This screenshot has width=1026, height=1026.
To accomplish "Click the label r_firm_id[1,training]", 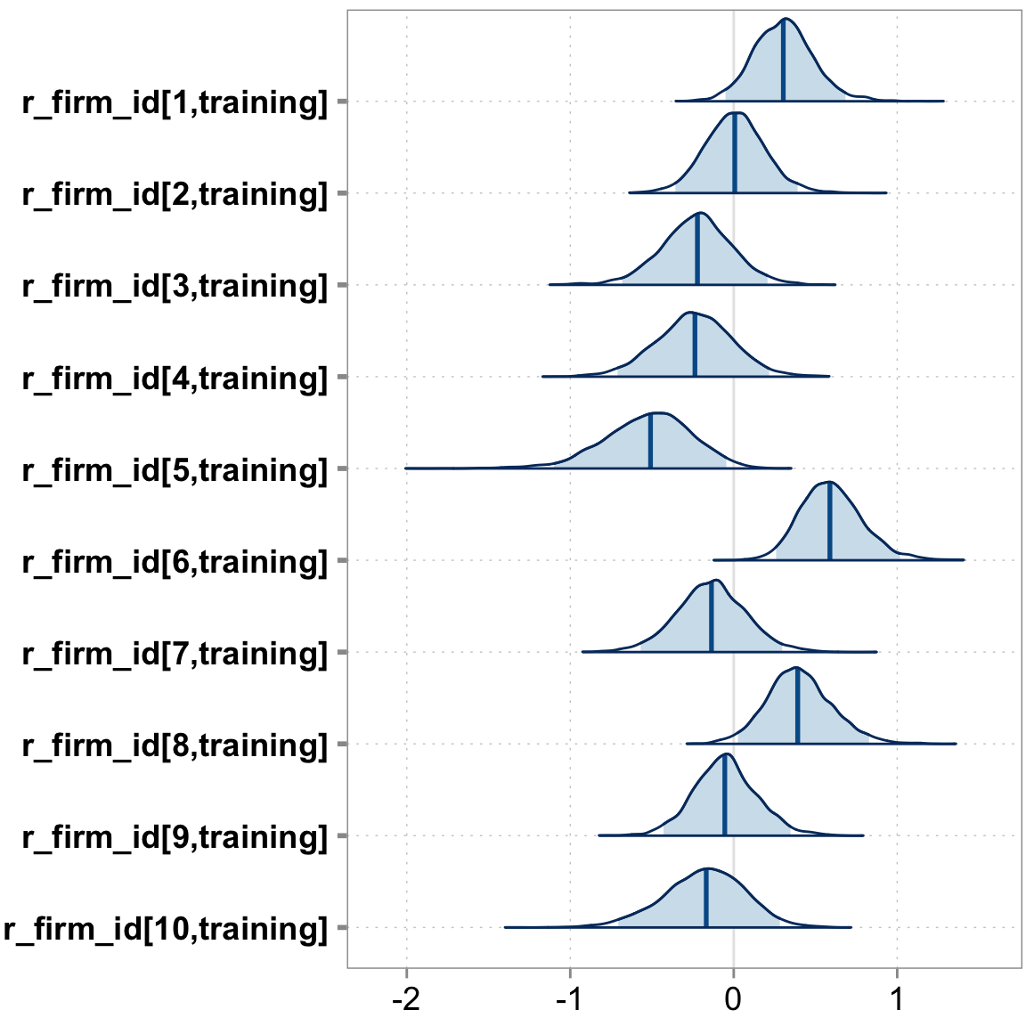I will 175,102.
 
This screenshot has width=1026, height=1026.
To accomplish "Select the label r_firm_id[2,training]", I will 175,194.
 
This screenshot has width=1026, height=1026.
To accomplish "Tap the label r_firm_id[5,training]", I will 175,469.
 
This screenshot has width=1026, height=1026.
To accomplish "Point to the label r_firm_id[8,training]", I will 175,745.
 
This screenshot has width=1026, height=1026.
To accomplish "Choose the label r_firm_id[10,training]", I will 166,928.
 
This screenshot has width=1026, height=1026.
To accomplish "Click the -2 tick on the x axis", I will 407,999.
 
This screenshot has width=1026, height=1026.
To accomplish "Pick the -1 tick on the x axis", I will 570,999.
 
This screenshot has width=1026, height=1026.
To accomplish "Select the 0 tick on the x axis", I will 733,999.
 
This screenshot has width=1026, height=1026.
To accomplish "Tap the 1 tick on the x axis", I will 897,999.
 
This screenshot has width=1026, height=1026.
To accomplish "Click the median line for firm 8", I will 797,708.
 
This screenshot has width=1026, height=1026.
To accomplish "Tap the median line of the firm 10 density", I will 705,900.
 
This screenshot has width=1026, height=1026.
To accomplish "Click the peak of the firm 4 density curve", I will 689,313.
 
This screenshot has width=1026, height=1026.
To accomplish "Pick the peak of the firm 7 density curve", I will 715,580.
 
